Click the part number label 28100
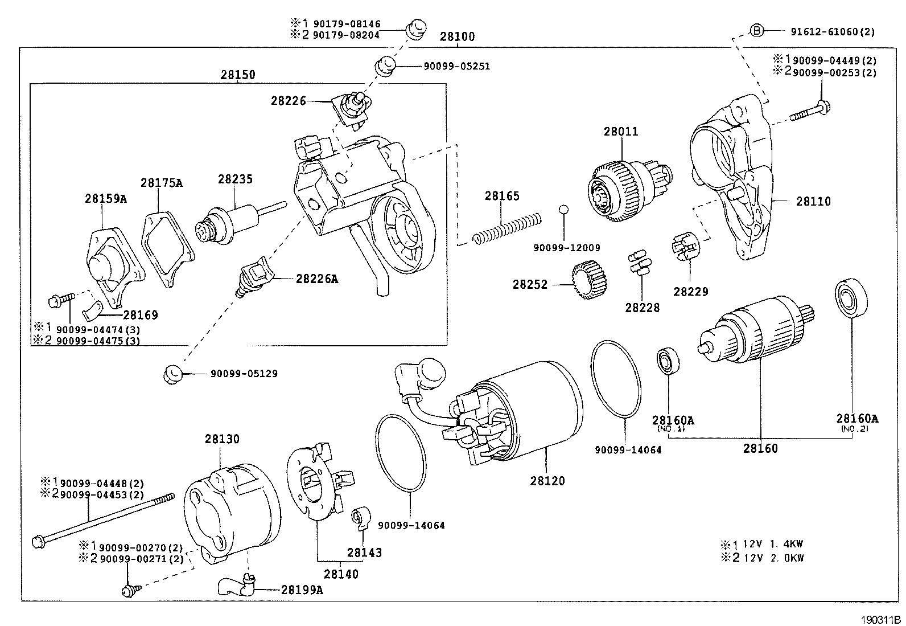(x=457, y=36)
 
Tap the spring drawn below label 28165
(x=507, y=229)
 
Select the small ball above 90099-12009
(x=563, y=210)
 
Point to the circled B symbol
(x=756, y=31)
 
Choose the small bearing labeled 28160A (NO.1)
(x=668, y=361)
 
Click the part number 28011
(x=621, y=132)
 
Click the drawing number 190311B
(x=880, y=620)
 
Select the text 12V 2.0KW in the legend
(x=773, y=558)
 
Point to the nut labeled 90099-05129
(x=172, y=374)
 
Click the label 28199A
(x=302, y=590)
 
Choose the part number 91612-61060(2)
(x=833, y=31)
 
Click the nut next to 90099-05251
(x=386, y=66)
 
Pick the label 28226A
(x=316, y=279)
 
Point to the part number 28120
(x=547, y=481)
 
